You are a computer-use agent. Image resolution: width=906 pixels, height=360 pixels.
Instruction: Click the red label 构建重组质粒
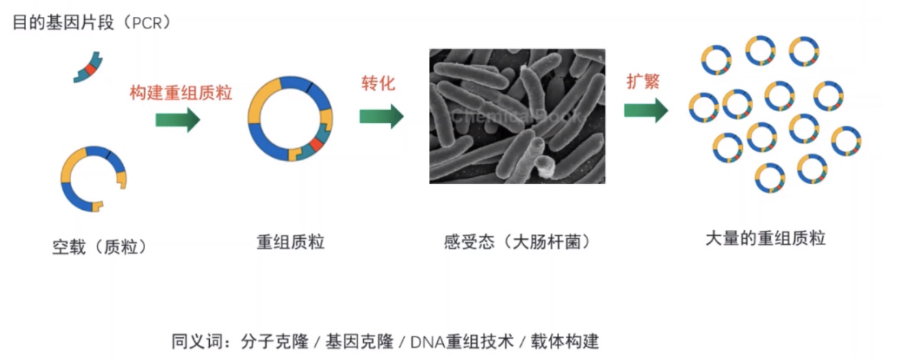click(181, 93)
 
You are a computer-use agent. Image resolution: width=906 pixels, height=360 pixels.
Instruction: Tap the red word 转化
click(378, 83)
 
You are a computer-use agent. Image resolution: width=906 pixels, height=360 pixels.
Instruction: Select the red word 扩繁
click(643, 81)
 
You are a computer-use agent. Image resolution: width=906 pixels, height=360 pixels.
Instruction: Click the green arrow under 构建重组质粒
click(178, 120)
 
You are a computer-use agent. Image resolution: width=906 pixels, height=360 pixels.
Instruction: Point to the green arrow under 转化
click(382, 116)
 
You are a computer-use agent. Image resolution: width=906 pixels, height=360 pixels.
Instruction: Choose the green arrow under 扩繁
click(646, 110)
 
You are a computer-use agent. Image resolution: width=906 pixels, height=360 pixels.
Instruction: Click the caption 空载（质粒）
click(99, 247)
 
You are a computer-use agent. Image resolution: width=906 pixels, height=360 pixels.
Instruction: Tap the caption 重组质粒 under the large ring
click(291, 242)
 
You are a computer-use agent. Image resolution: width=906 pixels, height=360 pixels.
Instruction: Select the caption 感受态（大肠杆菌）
click(517, 242)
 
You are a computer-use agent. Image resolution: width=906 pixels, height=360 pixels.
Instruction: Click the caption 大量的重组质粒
click(765, 238)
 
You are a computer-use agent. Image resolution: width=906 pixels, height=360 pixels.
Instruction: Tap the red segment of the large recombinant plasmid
click(316, 144)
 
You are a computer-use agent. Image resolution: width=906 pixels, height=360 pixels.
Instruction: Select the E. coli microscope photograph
click(517, 116)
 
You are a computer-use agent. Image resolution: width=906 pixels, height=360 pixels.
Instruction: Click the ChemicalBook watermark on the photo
click(517, 116)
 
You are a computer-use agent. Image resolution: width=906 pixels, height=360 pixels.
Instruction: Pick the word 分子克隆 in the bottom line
click(275, 341)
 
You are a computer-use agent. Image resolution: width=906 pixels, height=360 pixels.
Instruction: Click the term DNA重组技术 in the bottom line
click(462, 342)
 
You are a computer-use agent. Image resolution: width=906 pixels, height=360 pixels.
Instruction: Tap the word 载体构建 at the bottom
click(564, 342)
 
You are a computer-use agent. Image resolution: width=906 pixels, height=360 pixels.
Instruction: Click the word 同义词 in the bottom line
click(197, 341)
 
